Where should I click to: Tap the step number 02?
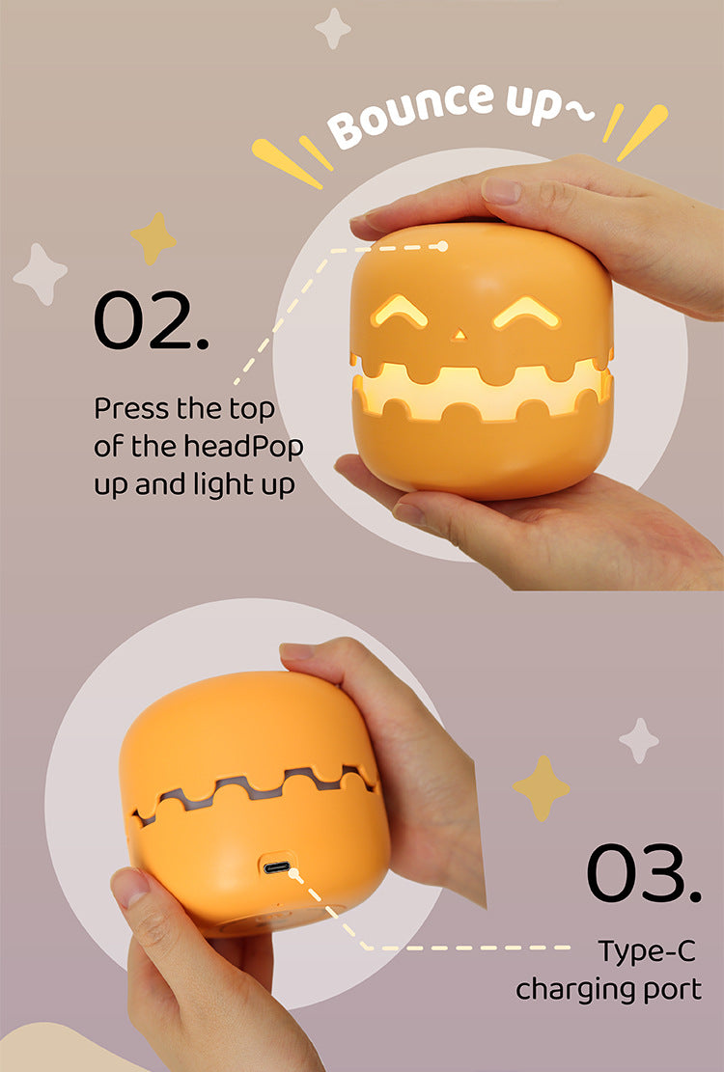coord(151,320)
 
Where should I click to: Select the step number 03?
coord(643,874)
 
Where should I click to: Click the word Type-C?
coord(646,950)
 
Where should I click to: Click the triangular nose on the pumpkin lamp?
coord(459,335)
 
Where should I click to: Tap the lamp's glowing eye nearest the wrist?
coord(527,313)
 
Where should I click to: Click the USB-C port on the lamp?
coord(278,867)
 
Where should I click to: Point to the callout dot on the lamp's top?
coord(443,246)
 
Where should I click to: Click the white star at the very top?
coord(333,28)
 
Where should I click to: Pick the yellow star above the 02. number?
coord(154,237)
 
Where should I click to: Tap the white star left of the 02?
coord(41,274)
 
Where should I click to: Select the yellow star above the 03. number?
coord(542,787)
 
